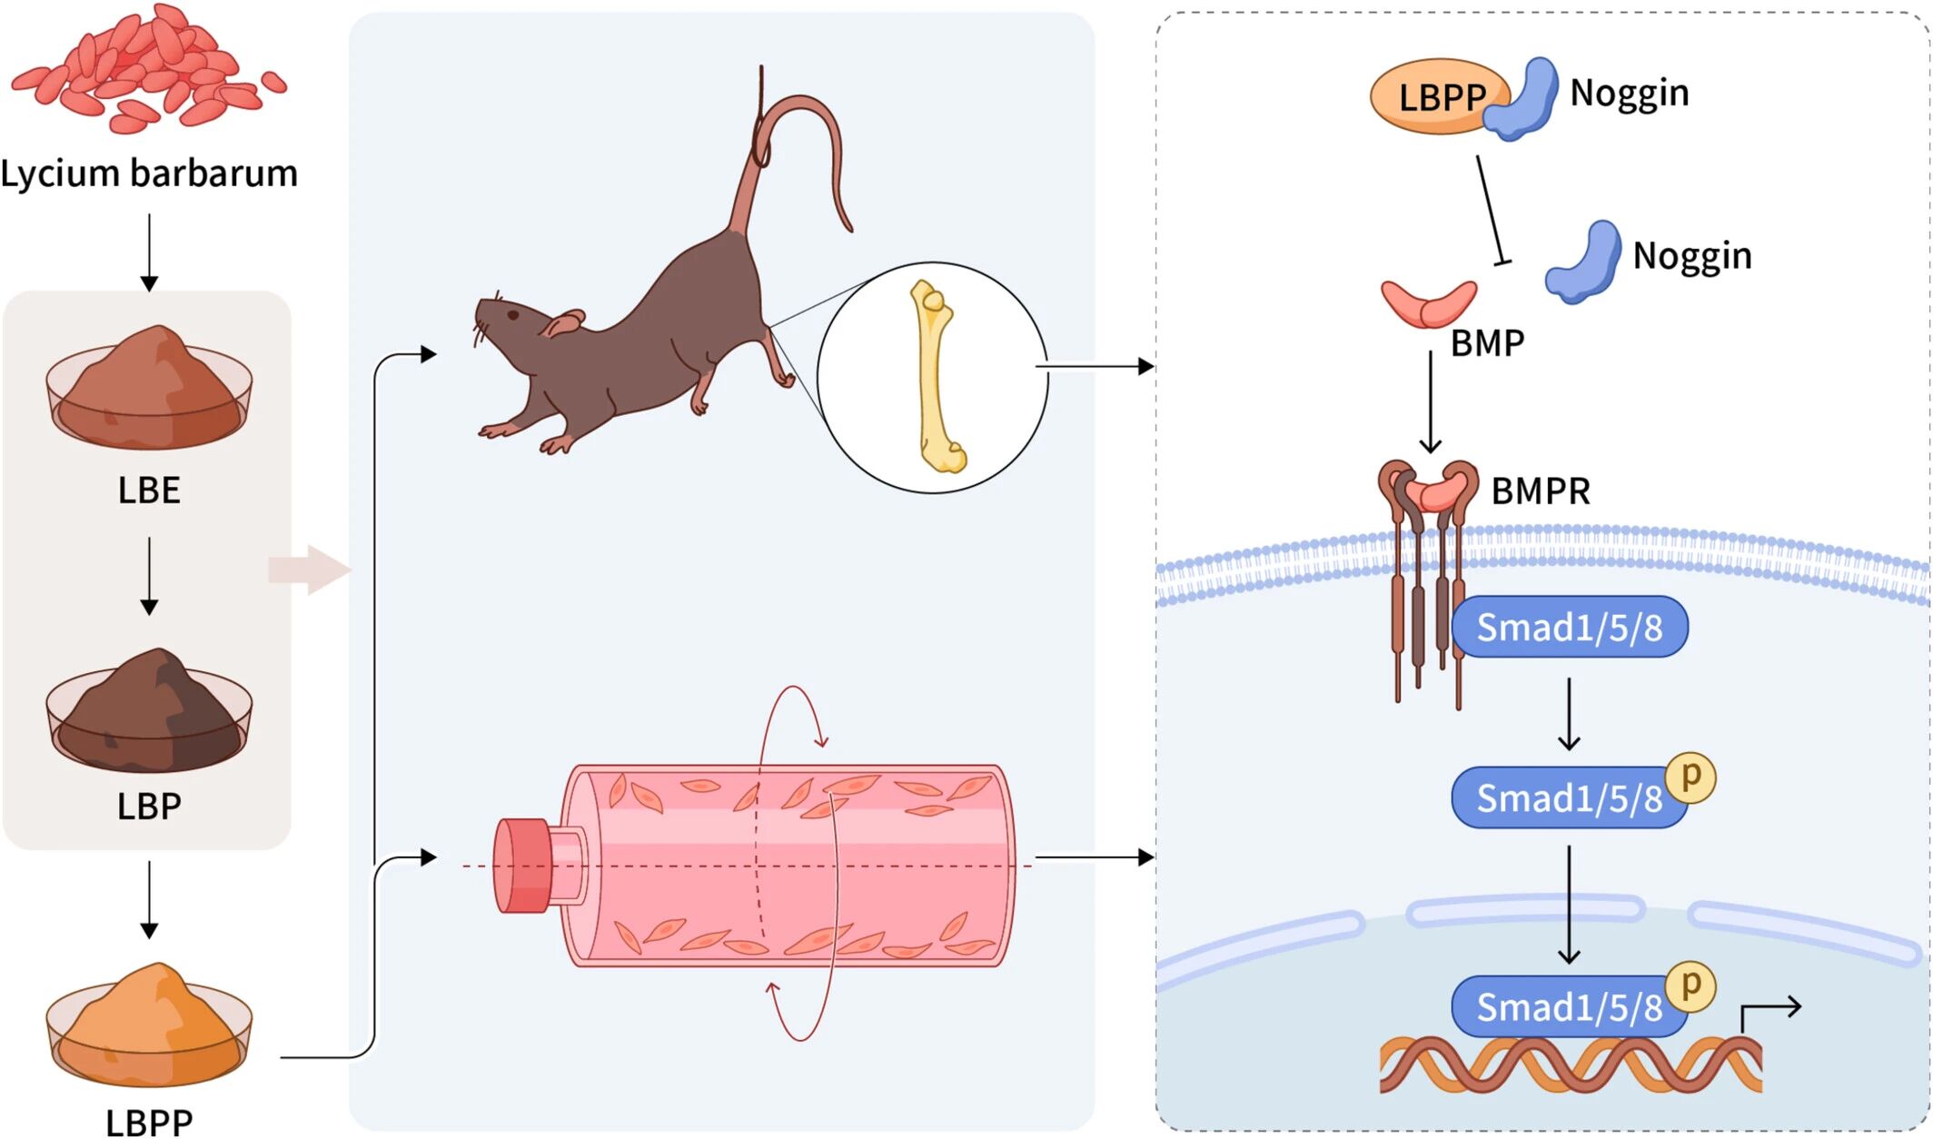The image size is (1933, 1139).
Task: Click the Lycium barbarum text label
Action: (x=149, y=173)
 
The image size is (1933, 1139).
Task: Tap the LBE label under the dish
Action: (x=149, y=490)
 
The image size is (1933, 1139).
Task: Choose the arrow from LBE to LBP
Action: (x=149, y=576)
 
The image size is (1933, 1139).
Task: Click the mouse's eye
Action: (x=513, y=315)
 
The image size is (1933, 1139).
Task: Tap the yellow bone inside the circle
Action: (x=936, y=377)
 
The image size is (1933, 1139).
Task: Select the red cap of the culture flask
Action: (x=522, y=865)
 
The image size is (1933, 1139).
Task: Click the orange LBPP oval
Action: (x=1431, y=96)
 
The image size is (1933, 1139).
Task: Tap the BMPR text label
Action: (x=1541, y=491)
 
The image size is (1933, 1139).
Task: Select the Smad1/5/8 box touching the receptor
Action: (x=1570, y=627)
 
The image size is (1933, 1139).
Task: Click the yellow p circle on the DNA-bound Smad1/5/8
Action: (x=1690, y=985)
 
